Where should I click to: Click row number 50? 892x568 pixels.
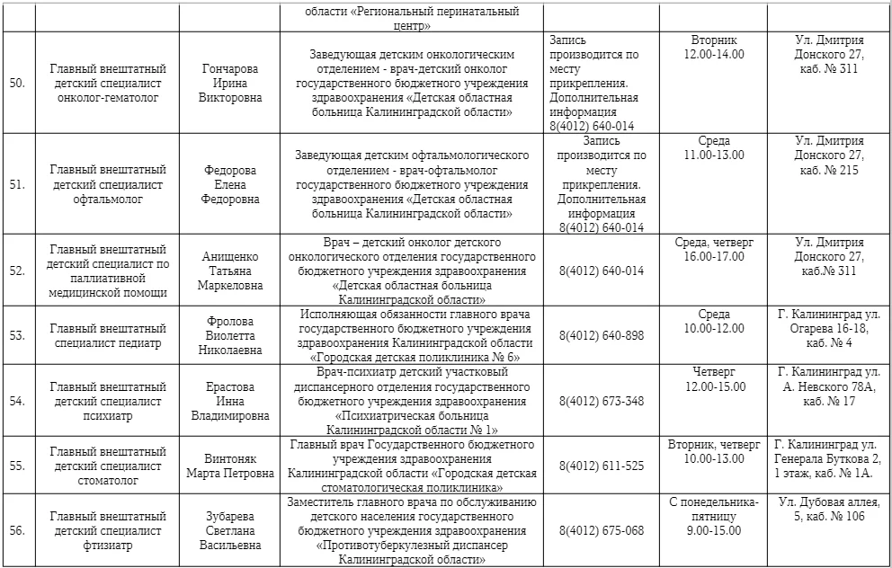pos(17,84)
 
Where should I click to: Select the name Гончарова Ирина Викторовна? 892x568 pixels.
pos(230,84)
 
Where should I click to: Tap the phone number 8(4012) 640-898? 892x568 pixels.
pos(602,335)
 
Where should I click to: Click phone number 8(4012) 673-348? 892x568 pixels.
pos(602,401)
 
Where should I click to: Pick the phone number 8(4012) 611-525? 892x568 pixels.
pos(602,466)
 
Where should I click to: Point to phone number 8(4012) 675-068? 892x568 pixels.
pos(602,530)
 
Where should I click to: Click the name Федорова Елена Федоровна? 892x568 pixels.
pos(230,184)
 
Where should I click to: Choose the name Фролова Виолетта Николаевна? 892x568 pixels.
pos(230,335)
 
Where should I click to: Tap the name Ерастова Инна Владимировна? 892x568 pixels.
pos(230,401)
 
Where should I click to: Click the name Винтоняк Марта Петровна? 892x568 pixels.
pos(230,466)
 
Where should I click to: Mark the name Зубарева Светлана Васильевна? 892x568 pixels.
pos(230,530)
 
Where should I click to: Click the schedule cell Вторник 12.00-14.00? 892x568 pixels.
pos(714,48)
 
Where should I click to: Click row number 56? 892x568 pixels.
pos(17,530)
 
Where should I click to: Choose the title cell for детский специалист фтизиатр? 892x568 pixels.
pos(108,530)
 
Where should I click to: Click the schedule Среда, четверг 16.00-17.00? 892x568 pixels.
pos(714,249)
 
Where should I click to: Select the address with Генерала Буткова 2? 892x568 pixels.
pos(829,458)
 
